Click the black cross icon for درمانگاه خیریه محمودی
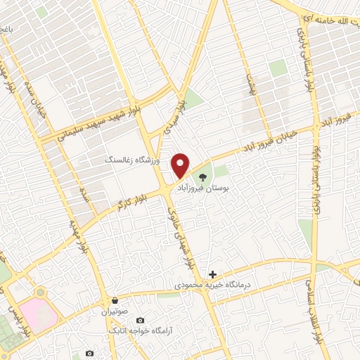[212, 274]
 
